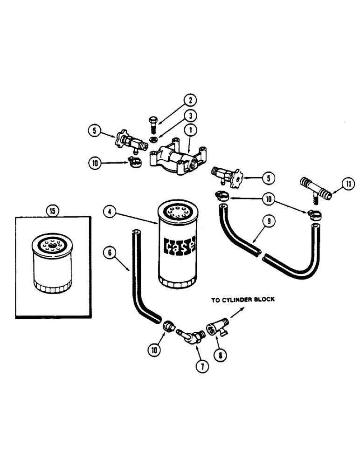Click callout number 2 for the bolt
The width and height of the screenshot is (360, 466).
[190, 100]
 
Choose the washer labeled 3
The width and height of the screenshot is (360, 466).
[152, 139]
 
